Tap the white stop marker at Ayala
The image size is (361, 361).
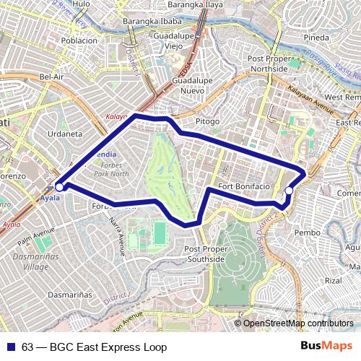(x=59, y=186)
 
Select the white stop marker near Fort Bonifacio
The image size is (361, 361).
(x=289, y=191)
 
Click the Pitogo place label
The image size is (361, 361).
(x=207, y=121)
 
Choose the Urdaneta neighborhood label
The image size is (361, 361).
(x=65, y=134)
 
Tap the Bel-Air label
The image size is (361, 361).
(x=53, y=76)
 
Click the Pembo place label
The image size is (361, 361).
(x=308, y=232)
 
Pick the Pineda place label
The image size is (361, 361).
(x=316, y=37)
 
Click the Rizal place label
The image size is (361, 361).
(x=333, y=280)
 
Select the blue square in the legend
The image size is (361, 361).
(x=11, y=347)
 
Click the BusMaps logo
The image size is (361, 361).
(x=326, y=347)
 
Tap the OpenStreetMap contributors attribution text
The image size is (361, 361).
(x=297, y=323)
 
